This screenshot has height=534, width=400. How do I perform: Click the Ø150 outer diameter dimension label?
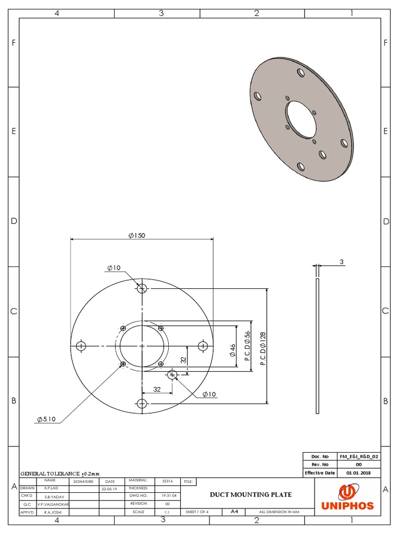point(136,235)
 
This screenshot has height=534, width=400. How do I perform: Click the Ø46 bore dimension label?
point(232,349)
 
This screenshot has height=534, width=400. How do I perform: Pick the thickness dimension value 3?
point(342,262)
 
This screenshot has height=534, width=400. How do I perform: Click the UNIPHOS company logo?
point(347,497)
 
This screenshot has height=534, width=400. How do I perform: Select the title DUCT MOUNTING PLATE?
point(251,494)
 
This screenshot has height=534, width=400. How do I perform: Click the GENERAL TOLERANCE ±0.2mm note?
point(59,473)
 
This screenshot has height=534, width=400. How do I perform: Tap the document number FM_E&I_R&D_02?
point(358,456)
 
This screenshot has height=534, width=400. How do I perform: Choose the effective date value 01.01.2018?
point(358,472)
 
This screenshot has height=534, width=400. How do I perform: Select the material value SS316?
point(167,481)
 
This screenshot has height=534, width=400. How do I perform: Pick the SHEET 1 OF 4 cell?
point(197,512)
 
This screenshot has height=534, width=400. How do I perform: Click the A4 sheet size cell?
point(234,512)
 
